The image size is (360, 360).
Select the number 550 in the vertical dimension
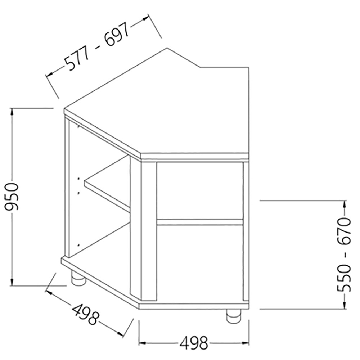[344, 278]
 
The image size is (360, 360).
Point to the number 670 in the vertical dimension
[344, 231]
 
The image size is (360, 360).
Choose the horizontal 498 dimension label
[194, 343]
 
